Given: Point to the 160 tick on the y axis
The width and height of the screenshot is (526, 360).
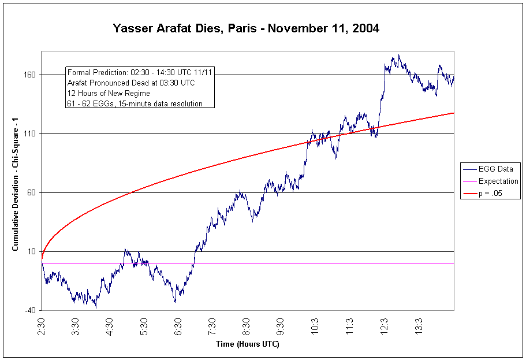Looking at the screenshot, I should (29, 75).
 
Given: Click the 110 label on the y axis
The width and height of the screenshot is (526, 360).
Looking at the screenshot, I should (29, 134).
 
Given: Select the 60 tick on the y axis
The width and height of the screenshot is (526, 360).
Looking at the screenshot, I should (31, 193).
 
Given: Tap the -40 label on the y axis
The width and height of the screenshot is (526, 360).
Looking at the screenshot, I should (29, 311).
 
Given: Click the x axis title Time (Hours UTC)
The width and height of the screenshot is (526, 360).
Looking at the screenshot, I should (247, 344).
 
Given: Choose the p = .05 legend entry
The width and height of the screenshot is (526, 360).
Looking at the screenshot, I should (491, 194).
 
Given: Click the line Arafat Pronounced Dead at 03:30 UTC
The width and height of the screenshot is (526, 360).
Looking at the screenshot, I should (131, 83).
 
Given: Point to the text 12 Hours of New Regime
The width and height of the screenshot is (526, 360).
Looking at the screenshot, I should (109, 94).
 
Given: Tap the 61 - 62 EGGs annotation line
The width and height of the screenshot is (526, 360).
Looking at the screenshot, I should (135, 104).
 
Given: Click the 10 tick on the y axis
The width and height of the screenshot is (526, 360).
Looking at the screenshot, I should (31, 252).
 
